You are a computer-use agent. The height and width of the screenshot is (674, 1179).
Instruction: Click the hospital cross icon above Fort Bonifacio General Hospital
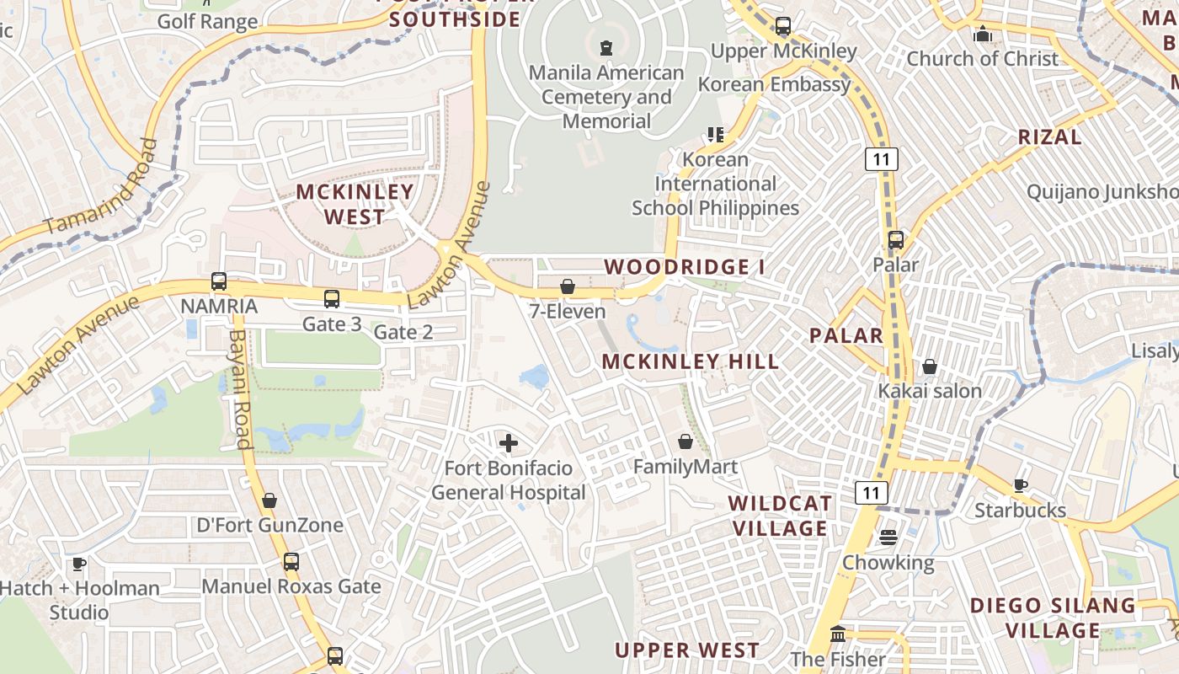click(509, 442)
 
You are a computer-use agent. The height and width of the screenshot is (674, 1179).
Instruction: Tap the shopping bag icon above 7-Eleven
click(568, 286)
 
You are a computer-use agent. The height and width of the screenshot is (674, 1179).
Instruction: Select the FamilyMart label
click(685, 467)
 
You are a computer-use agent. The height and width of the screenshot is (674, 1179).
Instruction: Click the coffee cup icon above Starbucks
click(1020, 485)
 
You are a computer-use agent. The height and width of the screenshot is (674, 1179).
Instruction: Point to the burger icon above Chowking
click(888, 538)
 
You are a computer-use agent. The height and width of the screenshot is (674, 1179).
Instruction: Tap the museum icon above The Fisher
click(838, 634)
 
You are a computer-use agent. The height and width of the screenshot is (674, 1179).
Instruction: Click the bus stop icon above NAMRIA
click(219, 281)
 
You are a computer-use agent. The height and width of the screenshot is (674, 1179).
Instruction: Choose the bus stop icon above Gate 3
click(332, 298)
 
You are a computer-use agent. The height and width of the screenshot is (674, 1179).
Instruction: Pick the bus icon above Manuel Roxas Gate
click(291, 561)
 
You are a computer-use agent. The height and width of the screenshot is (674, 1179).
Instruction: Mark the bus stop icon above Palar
click(896, 240)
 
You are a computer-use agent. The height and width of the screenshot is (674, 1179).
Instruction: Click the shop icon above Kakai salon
click(930, 366)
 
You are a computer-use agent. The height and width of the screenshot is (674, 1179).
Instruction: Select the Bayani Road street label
click(240, 388)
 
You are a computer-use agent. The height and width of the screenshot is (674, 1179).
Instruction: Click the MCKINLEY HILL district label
click(691, 362)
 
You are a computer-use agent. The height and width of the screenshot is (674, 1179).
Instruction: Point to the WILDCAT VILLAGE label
click(780, 516)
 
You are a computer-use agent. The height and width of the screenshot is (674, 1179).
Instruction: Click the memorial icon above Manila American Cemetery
click(606, 48)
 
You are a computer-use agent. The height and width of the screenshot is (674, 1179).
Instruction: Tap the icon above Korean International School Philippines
click(716, 134)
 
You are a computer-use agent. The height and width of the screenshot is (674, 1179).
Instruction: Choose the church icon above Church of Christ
click(982, 35)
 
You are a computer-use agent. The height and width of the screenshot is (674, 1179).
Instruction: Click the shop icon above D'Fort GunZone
click(269, 500)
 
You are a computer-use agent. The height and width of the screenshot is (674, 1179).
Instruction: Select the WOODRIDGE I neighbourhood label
click(686, 267)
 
